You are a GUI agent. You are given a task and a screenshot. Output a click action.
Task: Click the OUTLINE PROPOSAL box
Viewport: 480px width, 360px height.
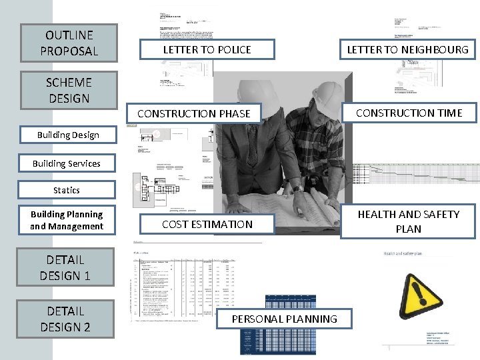(69, 43)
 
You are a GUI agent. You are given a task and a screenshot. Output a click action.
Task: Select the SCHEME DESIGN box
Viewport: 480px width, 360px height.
(69, 91)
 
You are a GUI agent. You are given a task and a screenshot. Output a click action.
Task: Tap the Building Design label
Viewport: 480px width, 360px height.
(68, 135)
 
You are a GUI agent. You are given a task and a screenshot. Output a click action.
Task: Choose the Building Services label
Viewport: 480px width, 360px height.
(67, 163)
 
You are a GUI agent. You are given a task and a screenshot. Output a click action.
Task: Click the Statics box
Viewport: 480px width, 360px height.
(67, 190)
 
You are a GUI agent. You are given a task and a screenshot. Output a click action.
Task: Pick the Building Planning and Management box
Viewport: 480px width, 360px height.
(67, 221)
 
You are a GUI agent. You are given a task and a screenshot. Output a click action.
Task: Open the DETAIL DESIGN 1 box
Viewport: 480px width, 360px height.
(65, 268)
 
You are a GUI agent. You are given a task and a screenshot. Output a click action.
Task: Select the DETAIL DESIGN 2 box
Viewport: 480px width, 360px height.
(65, 319)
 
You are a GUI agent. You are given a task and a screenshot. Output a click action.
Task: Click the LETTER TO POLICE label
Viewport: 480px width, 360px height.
(207, 50)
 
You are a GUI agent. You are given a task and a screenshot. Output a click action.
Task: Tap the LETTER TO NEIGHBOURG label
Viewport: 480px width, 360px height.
(407, 49)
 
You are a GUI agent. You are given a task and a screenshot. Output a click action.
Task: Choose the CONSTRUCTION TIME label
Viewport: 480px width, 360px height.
(408, 113)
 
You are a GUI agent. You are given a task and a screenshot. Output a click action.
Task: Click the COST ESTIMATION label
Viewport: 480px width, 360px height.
(207, 225)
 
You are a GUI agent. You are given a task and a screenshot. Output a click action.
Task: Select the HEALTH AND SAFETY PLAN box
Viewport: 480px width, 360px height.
(408, 221)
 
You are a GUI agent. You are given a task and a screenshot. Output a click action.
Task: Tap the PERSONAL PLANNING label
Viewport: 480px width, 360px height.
(284, 319)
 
